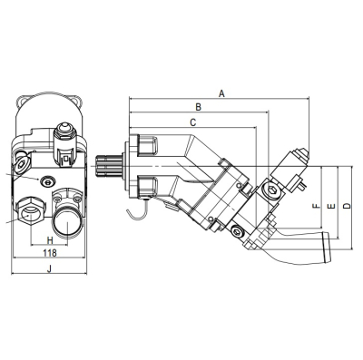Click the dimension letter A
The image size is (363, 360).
[x=222, y=93]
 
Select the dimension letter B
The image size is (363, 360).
[x=198, y=107]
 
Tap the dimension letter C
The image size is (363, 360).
[x=192, y=122]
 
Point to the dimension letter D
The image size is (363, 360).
[x=348, y=206]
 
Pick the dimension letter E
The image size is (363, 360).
[x=332, y=206]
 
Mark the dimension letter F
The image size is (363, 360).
[x=316, y=206]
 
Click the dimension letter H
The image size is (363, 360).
[x=50, y=240]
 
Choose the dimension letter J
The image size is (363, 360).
[x=50, y=268]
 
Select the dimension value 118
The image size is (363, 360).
[x=50, y=253]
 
